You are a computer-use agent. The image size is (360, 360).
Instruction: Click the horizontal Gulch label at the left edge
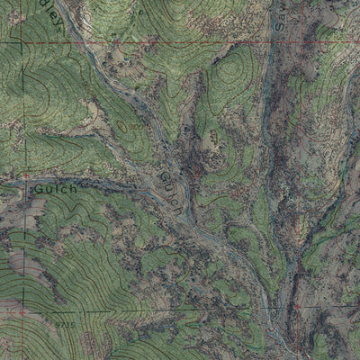(57, 190)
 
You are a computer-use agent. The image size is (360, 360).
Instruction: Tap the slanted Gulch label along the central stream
(172, 186)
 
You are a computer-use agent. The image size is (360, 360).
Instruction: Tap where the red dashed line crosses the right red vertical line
(297, 42)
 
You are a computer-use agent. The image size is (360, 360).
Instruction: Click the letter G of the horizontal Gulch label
(40, 190)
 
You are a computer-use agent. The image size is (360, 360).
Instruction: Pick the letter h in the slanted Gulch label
(180, 208)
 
